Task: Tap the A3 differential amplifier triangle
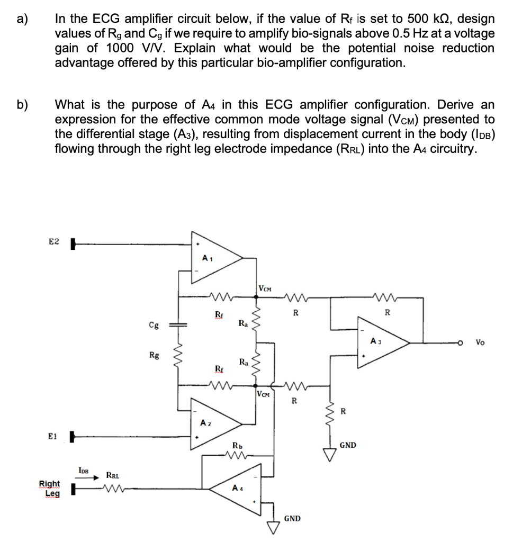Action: point(381,343)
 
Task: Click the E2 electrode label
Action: point(54,242)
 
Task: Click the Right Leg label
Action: point(49,488)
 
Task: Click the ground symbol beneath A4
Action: point(273,527)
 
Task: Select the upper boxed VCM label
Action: point(265,288)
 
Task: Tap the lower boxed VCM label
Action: point(264,394)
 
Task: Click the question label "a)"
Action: point(22,20)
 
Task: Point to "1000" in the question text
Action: point(121,48)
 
